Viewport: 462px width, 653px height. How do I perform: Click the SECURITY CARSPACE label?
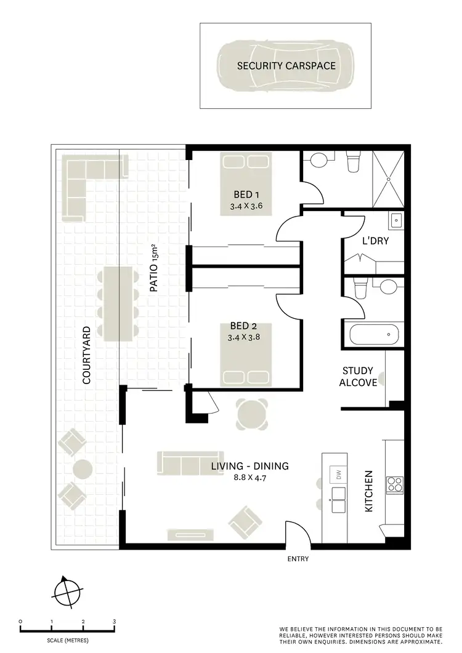pyautogui.click(x=286, y=65)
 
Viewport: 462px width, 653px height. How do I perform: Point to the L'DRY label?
pyautogui.click(x=375, y=241)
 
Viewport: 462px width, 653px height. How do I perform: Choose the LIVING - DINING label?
pyautogui.click(x=249, y=466)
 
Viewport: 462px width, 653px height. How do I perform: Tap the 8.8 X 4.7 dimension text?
pyautogui.click(x=249, y=478)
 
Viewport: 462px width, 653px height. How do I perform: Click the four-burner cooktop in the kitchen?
pyautogui.click(x=394, y=485)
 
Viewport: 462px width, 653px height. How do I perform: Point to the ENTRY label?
pyautogui.click(x=298, y=559)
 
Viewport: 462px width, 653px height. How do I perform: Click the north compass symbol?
pyautogui.click(x=67, y=593)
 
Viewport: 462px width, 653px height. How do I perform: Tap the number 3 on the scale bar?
pyautogui.click(x=114, y=622)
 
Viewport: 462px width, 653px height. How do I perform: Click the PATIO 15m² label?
pyautogui.click(x=156, y=268)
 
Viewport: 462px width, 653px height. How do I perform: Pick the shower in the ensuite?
pyautogui.click(x=388, y=179)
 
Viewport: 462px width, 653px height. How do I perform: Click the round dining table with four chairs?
pyautogui.click(x=253, y=415)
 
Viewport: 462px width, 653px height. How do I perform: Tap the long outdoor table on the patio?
pyautogui.click(x=118, y=304)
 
